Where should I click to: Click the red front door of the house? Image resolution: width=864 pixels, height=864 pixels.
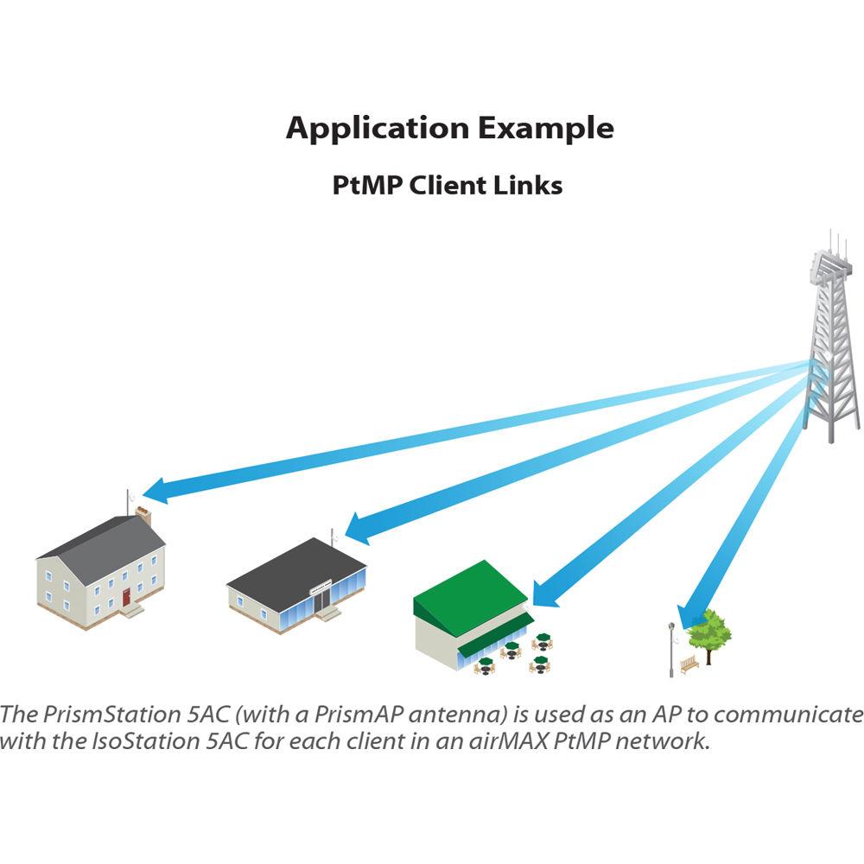click(126, 596)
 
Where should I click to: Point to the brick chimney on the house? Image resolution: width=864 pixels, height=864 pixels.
click(143, 516)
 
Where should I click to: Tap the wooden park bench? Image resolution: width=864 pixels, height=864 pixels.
click(689, 664)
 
